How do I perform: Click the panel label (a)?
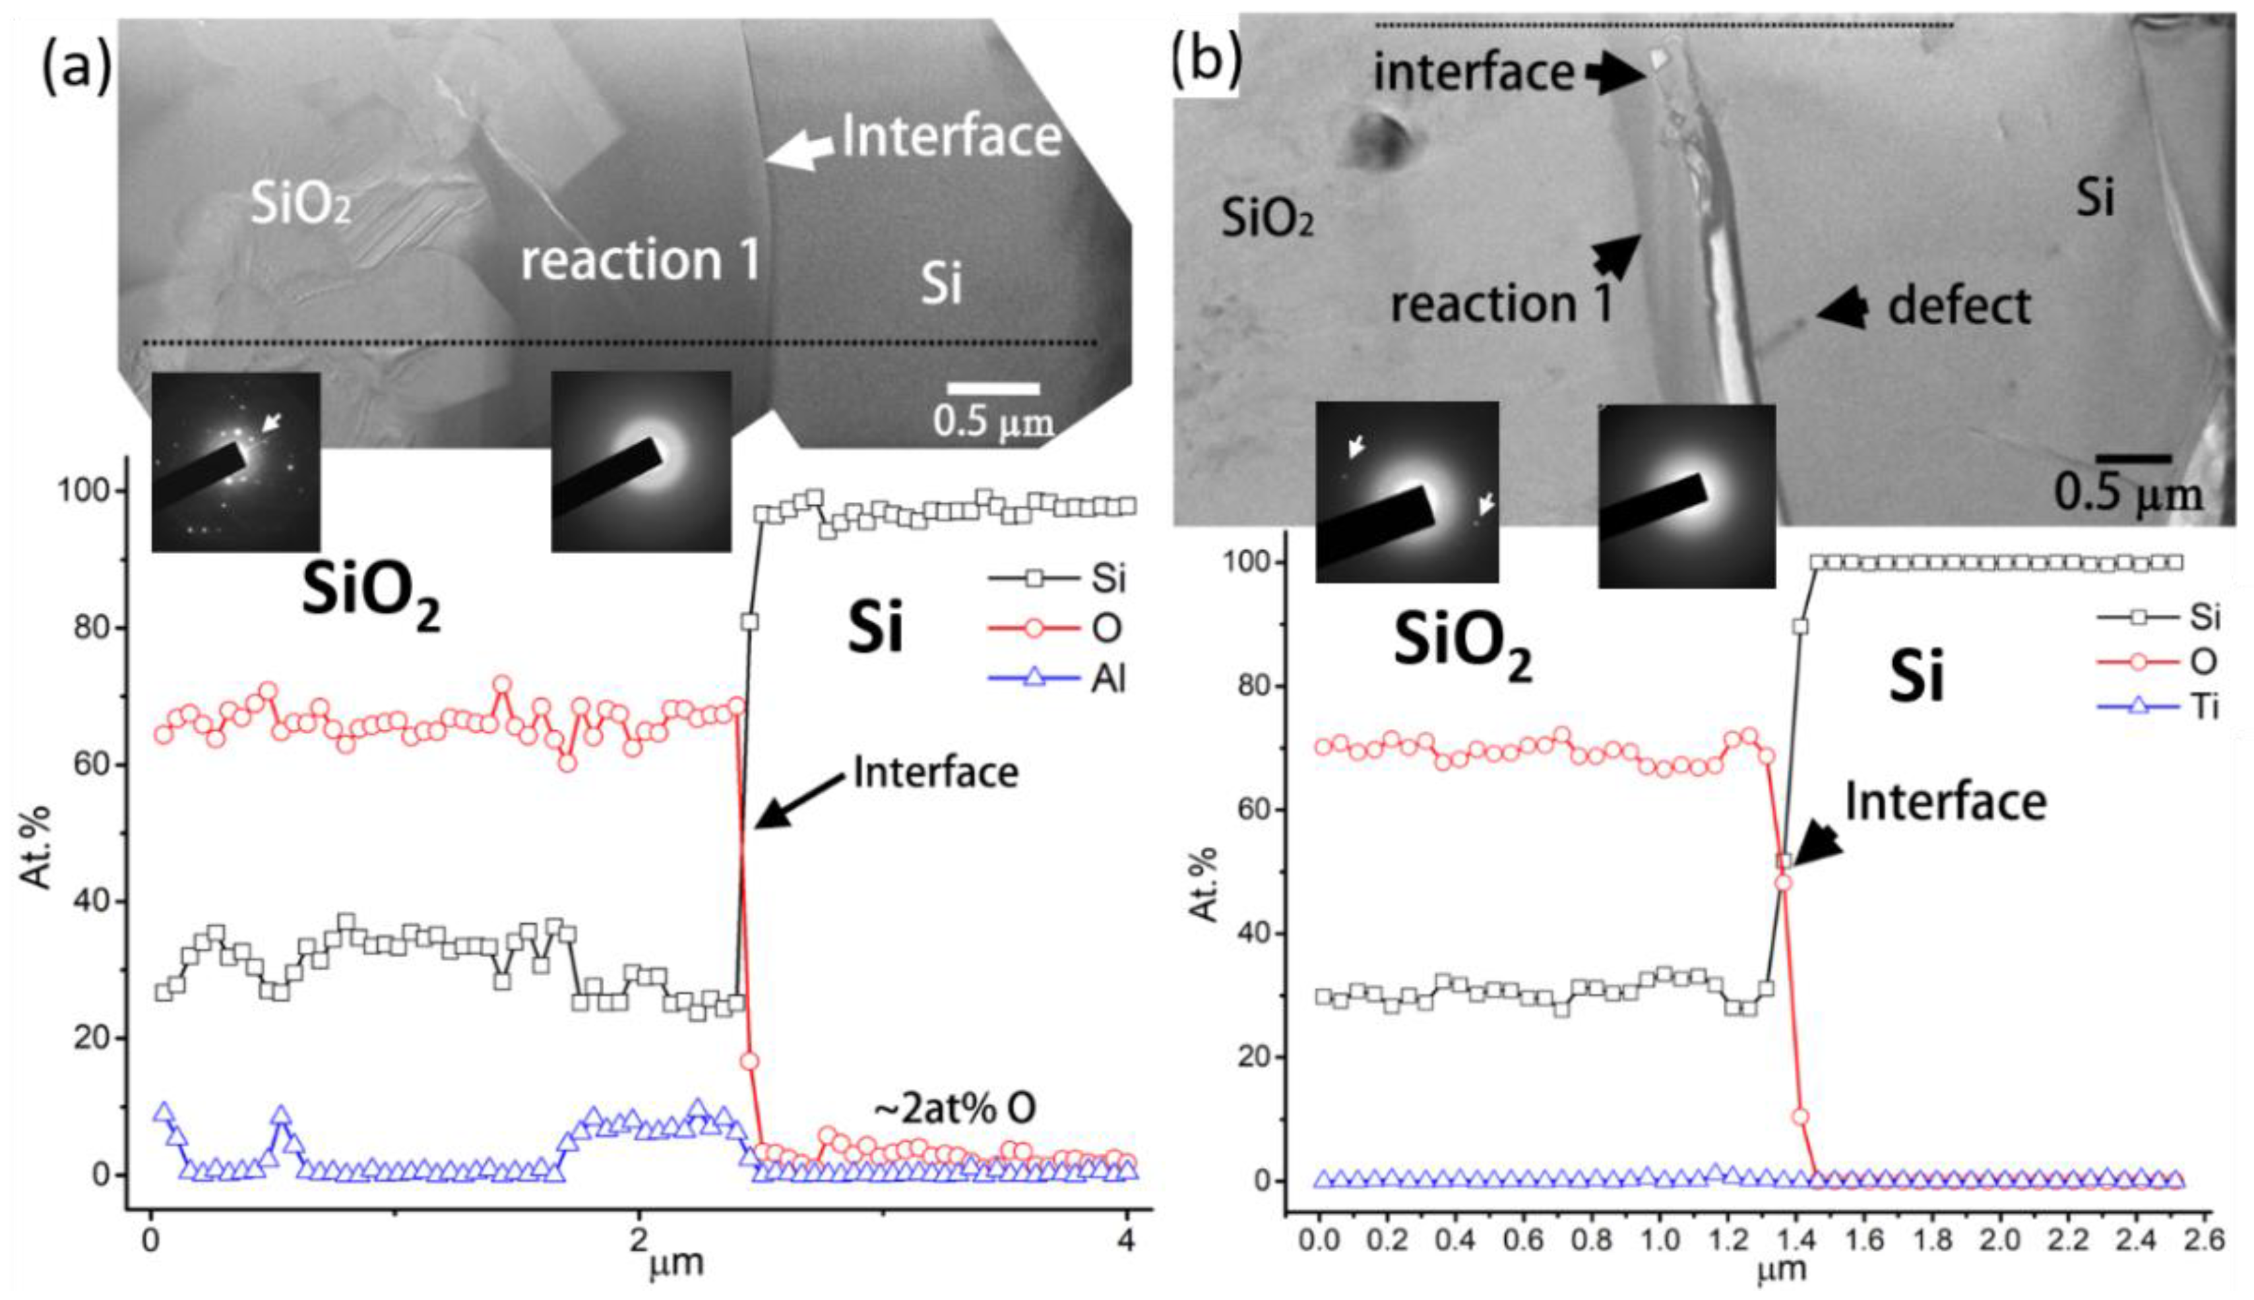77,67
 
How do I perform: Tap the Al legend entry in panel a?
1059,679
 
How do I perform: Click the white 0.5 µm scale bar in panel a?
993,388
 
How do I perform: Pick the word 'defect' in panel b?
1958,306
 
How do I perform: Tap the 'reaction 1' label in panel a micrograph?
640,260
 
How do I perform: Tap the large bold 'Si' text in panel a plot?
874,628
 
